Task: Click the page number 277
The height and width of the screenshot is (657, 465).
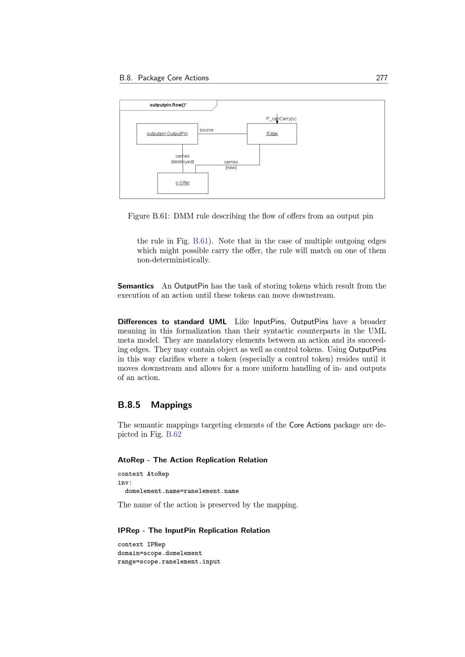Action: point(381,78)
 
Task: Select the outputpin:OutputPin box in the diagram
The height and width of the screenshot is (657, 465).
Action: point(167,134)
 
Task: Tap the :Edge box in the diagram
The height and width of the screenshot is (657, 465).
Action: point(272,134)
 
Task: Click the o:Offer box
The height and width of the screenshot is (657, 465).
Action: point(183,183)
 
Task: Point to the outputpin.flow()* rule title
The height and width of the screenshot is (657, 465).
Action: point(168,105)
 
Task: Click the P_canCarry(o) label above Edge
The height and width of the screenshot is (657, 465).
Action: point(281,119)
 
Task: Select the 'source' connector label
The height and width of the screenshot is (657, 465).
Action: point(206,130)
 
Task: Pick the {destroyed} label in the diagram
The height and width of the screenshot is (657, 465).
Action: point(182,162)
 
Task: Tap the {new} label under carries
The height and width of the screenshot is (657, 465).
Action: point(231,168)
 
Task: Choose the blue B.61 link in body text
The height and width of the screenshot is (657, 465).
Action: point(200,241)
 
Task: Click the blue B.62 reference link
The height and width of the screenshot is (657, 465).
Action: point(173,434)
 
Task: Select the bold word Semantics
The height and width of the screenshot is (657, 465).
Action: point(136,286)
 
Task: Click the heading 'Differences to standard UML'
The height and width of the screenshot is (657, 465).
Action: point(172,322)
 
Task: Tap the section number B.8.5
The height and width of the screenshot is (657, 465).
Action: point(129,405)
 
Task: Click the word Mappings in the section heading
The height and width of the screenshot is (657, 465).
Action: point(171,405)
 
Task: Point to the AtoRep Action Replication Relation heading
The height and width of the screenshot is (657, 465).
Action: point(193,460)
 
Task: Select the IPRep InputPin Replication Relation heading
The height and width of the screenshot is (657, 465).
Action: point(194,531)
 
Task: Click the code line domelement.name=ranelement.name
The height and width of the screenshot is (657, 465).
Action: point(182,491)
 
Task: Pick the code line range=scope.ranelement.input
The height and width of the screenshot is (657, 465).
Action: point(169,562)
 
